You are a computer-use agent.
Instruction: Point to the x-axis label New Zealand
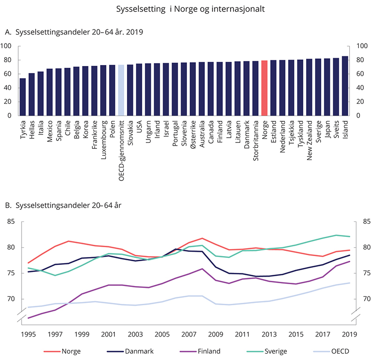coord(309,139)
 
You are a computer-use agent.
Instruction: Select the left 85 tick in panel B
coord(11,222)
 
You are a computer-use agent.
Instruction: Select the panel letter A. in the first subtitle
coord(7,32)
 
